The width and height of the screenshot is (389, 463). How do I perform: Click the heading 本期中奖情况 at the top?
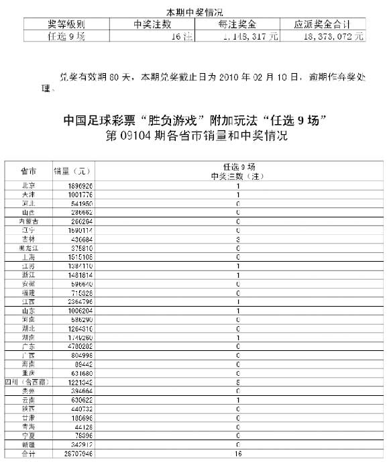(194, 12)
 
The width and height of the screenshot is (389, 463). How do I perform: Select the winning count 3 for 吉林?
(237, 238)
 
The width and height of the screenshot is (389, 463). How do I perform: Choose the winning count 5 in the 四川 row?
(237, 382)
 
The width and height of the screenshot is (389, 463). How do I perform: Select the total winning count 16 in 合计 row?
(237, 454)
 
